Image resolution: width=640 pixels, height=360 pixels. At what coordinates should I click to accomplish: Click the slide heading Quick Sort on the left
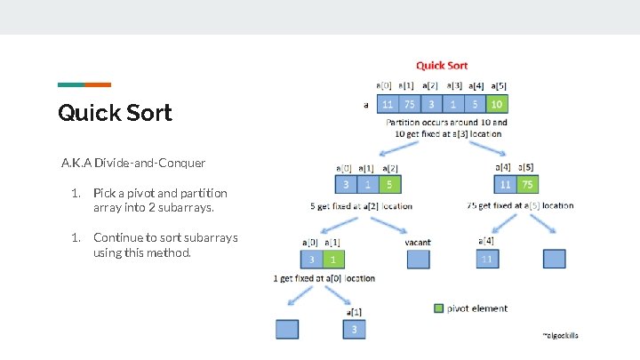[x=115, y=113]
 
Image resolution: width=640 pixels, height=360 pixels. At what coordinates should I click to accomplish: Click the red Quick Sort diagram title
[x=442, y=65]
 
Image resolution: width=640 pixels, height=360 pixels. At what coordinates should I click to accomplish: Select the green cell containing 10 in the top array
[x=498, y=104]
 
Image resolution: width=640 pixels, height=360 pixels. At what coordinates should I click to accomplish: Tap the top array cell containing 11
[x=388, y=104]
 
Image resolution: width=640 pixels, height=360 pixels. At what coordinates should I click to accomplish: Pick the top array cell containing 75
[x=410, y=104]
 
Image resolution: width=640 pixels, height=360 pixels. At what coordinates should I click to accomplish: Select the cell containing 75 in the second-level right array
[x=527, y=185]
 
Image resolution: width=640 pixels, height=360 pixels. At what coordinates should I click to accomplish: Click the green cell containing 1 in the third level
[x=331, y=259]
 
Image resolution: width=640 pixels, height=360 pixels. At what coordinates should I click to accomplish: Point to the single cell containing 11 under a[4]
[x=487, y=259]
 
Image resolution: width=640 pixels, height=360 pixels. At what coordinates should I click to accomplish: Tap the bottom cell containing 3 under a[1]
[x=354, y=330]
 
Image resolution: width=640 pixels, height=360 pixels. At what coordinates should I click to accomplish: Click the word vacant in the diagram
[x=418, y=240]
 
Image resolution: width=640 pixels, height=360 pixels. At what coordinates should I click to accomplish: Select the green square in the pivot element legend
[x=439, y=308]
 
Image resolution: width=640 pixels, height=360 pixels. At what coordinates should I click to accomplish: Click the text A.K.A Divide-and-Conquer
[x=133, y=163]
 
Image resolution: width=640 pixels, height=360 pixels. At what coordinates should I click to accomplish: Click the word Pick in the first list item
[x=104, y=193]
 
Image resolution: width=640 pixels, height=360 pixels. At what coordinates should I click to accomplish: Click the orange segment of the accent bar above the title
[x=98, y=84]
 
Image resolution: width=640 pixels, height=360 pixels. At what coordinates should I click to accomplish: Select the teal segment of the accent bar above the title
[x=71, y=84]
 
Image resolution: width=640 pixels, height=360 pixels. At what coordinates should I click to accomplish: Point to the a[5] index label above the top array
[x=498, y=85]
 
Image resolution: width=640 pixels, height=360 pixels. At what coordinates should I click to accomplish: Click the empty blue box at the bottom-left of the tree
[x=287, y=329]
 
